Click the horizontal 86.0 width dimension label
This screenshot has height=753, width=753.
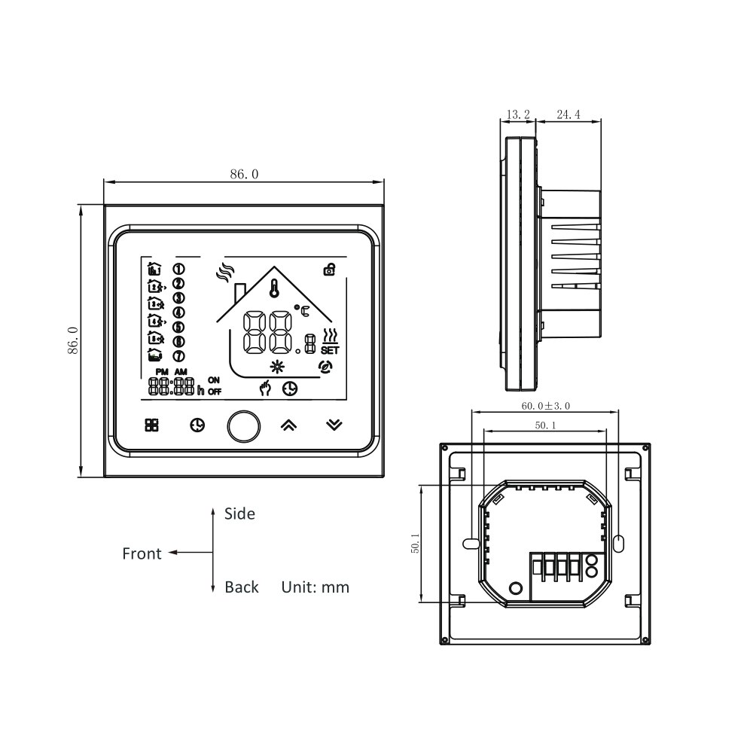(244, 174)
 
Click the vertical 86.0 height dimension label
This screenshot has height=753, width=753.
(72, 340)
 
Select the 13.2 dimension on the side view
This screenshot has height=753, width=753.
(518, 114)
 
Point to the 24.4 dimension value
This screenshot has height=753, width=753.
(569, 114)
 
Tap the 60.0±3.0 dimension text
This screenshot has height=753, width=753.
(545, 405)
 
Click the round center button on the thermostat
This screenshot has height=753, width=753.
(242, 425)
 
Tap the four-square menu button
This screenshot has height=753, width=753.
(151, 425)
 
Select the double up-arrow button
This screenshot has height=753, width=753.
(288, 425)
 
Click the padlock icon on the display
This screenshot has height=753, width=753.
(328, 269)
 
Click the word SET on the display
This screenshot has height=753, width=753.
(329, 350)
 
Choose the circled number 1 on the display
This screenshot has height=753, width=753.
(179, 269)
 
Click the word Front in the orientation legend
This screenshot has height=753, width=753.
(142, 554)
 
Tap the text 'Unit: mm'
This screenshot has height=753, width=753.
(316, 587)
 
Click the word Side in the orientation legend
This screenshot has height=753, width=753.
(239, 514)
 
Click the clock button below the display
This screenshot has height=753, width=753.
(196, 425)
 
